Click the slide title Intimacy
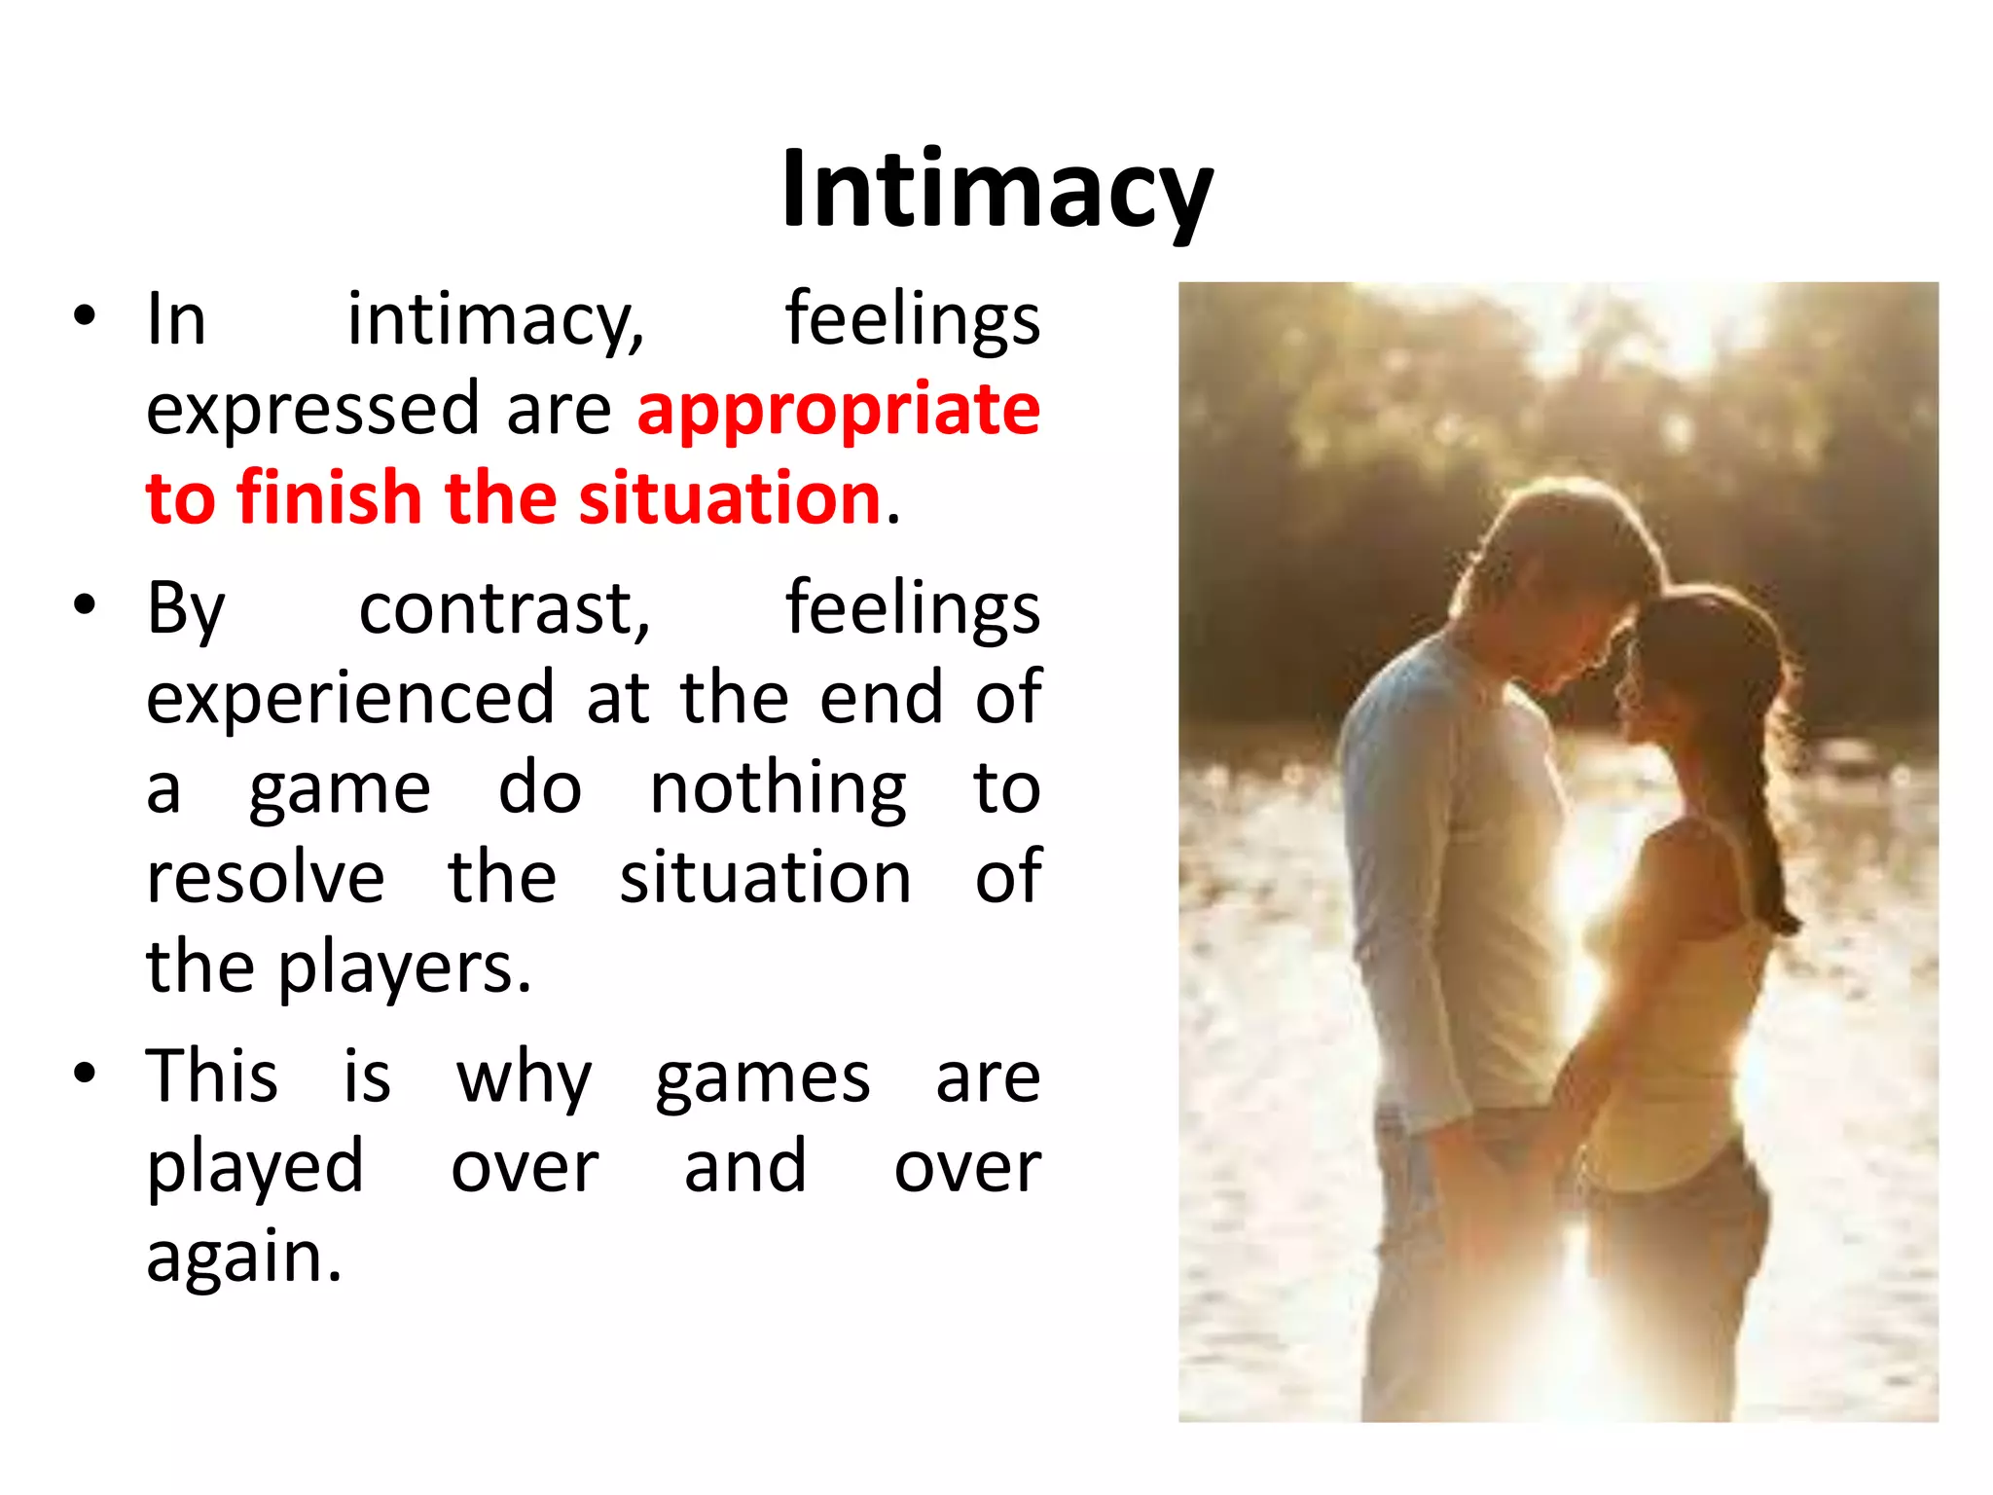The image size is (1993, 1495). [996, 190]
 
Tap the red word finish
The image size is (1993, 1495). [328, 497]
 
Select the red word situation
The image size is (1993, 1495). [730, 497]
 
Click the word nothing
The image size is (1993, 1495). [778, 788]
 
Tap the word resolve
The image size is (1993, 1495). [265, 878]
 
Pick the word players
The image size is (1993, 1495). [404, 969]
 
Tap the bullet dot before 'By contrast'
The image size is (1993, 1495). [86, 604]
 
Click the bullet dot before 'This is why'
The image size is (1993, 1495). [86, 1074]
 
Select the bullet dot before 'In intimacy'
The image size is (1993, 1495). [86, 315]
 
